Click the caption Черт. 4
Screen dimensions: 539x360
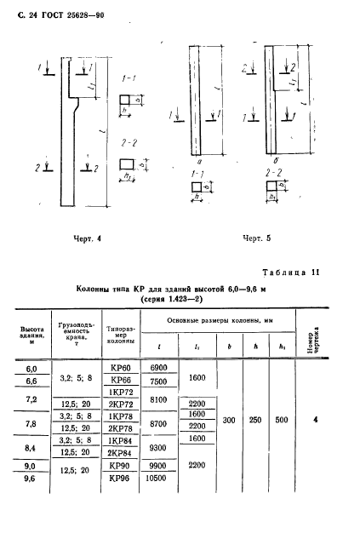tap(87, 238)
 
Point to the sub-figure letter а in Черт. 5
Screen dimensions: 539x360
tap(197, 159)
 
